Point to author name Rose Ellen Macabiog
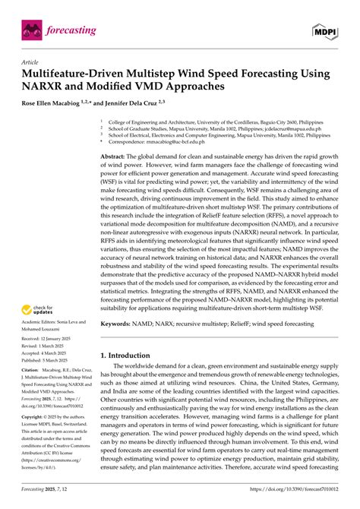point(58,102)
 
